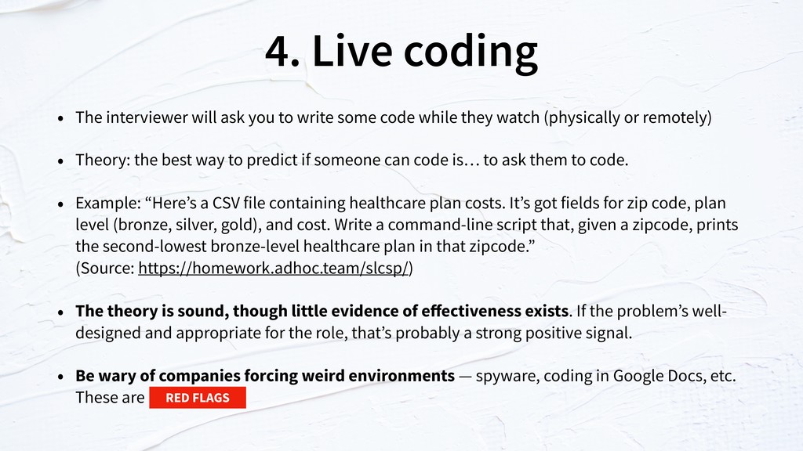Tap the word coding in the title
point(471,52)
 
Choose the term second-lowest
point(154,247)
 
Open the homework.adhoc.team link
point(274,268)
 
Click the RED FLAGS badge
point(198,398)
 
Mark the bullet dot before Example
point(61,204)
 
